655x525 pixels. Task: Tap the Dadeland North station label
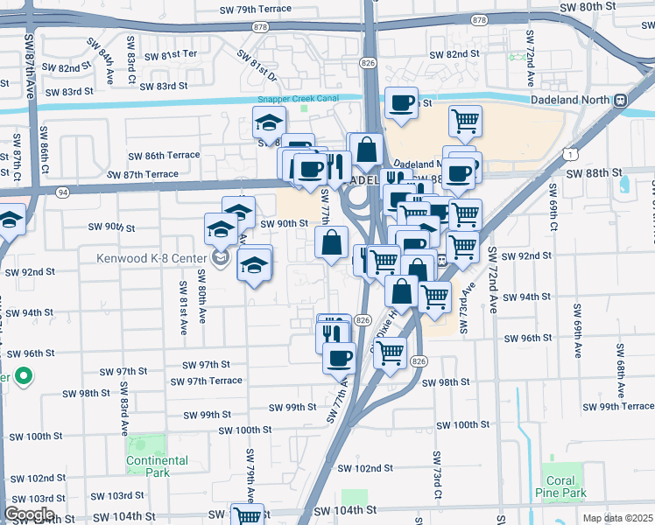(x=570, y=100)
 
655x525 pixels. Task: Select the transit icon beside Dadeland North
(x=620, y=100)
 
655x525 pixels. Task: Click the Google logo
(x=29, y=514)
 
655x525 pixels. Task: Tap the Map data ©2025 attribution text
(x=616, y=518)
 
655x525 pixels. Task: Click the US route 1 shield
(x=569, y=154)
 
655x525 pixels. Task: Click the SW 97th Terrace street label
(x=207, y=381)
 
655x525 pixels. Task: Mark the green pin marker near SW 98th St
(x=23, y=377)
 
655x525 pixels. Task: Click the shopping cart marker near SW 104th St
(x=247, y=514)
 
